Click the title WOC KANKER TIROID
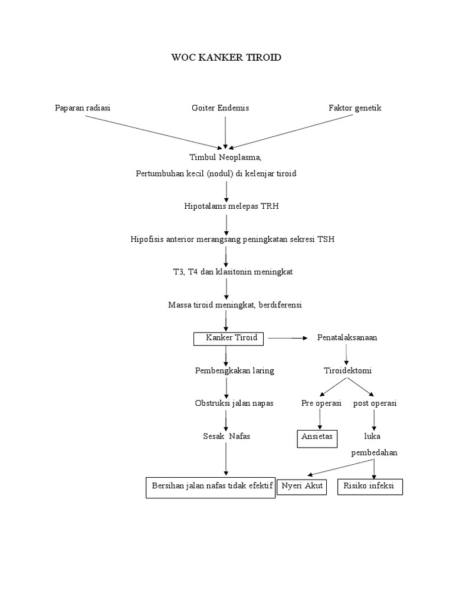(226, 57)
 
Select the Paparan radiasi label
(83, 108)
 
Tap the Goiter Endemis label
(221, 108)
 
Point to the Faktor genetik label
(355, 108)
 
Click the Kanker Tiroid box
(230, 338)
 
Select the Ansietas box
(317, 438)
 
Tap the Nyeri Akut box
(301, 487)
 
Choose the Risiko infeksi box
(370, 487)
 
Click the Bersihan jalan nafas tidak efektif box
(211, 487)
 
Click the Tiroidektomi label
(347, 371)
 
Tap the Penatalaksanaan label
(347, 338)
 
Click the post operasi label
(375, 404)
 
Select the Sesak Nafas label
(226, 436)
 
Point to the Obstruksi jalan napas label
(226, 404)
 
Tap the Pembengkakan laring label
(226, 371)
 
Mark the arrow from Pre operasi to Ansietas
(320, 419)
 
